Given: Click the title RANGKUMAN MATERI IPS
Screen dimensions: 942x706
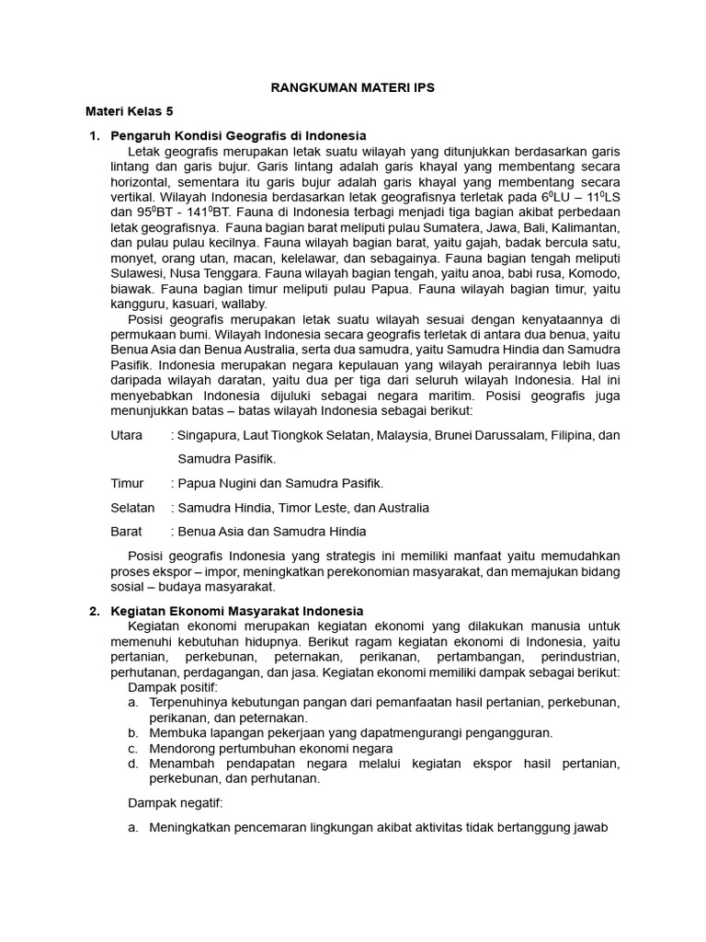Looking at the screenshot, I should [352, 87].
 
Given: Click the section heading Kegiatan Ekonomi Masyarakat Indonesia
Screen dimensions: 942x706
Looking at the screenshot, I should [237, 611].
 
